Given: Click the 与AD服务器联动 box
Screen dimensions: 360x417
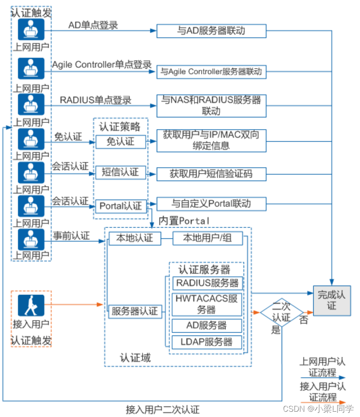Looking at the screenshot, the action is click(211, 31).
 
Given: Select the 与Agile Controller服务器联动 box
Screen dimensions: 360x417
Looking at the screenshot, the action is click(211, 72).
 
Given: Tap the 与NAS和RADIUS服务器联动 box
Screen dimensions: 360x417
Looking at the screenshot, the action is click(211, 105).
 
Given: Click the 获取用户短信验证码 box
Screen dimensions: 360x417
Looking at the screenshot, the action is click(211, 174).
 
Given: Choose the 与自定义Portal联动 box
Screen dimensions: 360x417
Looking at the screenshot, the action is click(211, 204).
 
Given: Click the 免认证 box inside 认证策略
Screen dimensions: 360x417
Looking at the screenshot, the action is click(120, 142).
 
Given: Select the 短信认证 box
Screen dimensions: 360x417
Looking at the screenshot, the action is click(120, 172).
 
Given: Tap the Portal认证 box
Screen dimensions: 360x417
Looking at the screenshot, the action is click(121, 206).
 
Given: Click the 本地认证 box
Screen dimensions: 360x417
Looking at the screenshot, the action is click(135, 238).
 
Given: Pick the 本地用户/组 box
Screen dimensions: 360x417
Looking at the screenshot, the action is click(208, 238).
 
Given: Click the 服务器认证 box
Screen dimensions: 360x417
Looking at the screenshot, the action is click(135, 312).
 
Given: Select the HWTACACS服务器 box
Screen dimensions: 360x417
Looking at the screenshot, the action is click(207, 304).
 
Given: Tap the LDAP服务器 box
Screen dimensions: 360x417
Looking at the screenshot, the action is click(207, 342).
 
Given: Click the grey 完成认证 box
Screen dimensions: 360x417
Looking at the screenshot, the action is click(332, 301).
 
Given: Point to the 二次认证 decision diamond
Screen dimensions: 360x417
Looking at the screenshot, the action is click(282, 312).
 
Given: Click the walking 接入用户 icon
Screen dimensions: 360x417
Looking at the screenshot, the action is click(31, 305).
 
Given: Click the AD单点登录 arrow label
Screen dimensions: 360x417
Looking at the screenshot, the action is click(93, 25).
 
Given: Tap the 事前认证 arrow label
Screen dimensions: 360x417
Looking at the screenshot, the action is click(71, 235).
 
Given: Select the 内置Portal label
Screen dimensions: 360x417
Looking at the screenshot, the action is click(184, 221).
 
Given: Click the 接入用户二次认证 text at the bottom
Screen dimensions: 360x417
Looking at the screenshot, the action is click(162, 410).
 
